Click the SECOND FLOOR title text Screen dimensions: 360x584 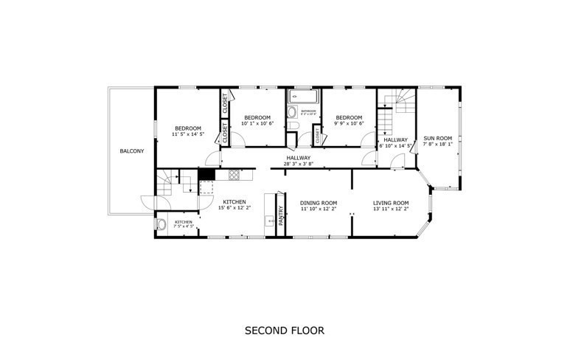click(284, 330)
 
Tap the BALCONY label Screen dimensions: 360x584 click(132, 151)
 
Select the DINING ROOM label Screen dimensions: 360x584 click(319, 203)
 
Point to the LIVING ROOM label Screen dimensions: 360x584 click(390, 203)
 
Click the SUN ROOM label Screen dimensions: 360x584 click(437, 138)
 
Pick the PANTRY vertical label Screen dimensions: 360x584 click(280, 214)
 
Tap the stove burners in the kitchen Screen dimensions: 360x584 click(234, 175)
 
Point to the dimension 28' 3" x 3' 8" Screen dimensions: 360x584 click(299, 164)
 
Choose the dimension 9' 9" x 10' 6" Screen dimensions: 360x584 click(348, 123)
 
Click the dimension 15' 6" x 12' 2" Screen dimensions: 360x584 click(234, 208)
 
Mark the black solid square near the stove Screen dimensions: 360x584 click(207, 175)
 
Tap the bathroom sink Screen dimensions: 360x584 click(291, 113)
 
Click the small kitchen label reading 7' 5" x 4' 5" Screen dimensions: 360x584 click(184, 226)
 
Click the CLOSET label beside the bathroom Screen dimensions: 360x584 click(318, 136)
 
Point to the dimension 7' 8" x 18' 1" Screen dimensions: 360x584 click(437, 145)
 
